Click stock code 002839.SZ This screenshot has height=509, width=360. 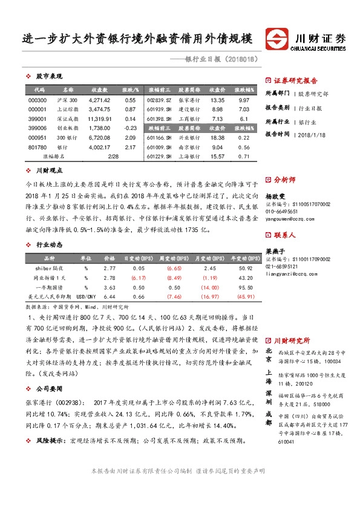coord(160,100)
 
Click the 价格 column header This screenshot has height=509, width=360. coord(110,258)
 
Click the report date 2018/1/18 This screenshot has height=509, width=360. coord(312,135)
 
